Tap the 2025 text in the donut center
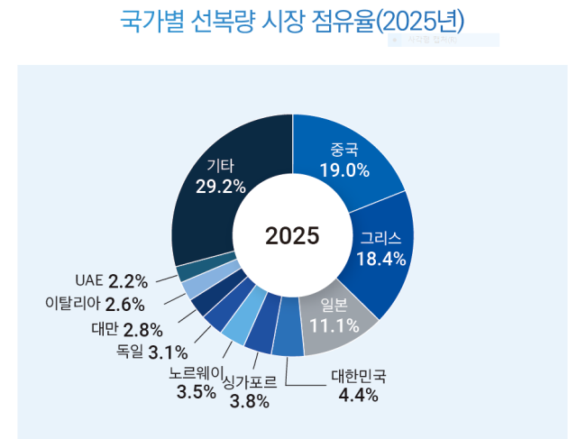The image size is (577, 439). click(x=292, y=235)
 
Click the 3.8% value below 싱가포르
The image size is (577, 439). click(x=250, y=402)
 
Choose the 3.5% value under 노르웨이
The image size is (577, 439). click(x=196, y=391)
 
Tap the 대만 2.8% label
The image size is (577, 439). click(x=126, y=328)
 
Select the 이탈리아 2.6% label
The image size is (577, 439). click(x=95, y=304)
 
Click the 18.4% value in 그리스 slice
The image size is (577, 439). click(x=380, y=258)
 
